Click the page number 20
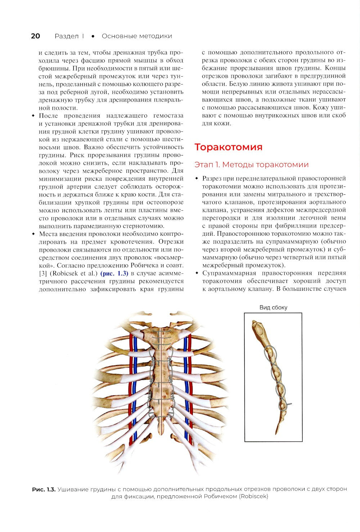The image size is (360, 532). pyautogui.click(x=35, y=36)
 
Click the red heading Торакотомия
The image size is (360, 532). pyautogui.click(x=228, y=147)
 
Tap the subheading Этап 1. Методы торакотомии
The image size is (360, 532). pyautogui.click(x=251, y=164)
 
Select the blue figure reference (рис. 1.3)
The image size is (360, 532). pyautogui.click(x=114, y=273)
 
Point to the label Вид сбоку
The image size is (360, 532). pyautogui.click(x=273, y=307)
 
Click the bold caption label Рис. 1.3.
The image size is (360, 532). pyautogui.click(x=44, y=489)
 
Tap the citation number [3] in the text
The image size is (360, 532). pyautogui.click(x=42, y=273)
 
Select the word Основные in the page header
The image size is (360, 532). pyautogui.click(x=120, y=36)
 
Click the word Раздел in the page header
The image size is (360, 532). pyautogui.click(x=67, y=36)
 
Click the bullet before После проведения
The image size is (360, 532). pyautogui.click(x=33, y=116)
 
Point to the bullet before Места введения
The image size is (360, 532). pyautogui.click(x=33, y=234)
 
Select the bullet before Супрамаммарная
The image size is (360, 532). pyautogui.click(x=197, y=273)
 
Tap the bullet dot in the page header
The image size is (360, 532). pyautogui.click(x=93, y=36)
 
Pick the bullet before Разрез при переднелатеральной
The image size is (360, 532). pyautogui.click(x=197, y=179)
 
